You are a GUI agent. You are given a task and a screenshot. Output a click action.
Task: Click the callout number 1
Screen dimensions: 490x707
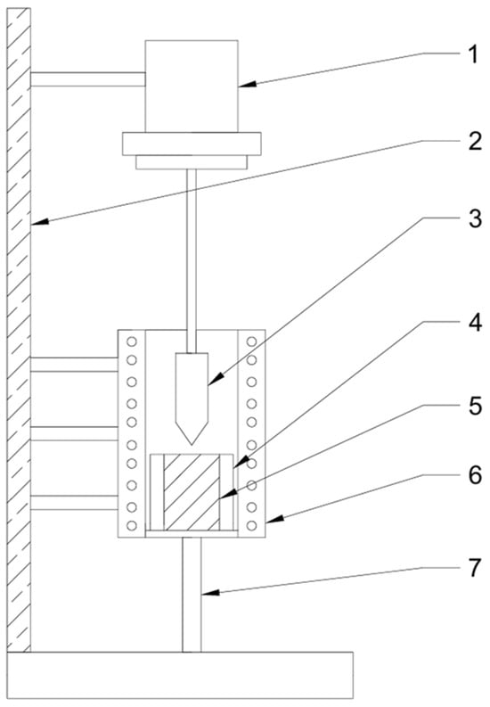pyautogui.click(x=472, y=55)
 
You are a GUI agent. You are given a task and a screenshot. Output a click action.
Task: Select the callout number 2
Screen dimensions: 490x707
pyautogui.click(x=475, y=142)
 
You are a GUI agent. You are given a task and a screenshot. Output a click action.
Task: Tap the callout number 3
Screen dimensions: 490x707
pyautogui.click(x=475, y=219)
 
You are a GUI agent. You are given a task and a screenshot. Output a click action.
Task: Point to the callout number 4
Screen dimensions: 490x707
pyautogui.click(x=475, y=324)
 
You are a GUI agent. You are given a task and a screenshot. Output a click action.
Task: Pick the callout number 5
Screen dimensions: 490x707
pyautogui.click(x=475, y=407)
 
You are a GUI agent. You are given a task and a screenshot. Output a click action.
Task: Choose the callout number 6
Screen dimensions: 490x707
pyautogui.click(x=475, y=475)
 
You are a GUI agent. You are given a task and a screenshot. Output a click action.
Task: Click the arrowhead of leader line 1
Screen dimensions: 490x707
pyautogui.click(x=246, y=85)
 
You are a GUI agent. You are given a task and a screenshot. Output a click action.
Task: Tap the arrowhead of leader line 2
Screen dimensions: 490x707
pyautogui.click(x=38, y=221)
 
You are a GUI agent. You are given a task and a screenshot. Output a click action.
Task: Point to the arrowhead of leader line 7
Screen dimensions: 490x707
pyautogui.click(x=209, y=593)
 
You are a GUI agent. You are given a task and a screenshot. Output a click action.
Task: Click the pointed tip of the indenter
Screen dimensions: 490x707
pyautogui.click(x=192, y=445)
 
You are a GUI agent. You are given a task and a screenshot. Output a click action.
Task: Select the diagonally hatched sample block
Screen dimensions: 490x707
pyautogui.click(x=192, y=492)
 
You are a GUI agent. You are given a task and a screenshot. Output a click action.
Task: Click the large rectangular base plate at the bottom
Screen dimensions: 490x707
pyautogui.click(x=180, y=675)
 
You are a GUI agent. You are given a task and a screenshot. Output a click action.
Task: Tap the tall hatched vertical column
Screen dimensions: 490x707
pyautogui.click(x=19, y=330)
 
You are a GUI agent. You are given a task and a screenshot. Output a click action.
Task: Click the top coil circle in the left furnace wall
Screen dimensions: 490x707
pyautogui.click(x=132, y=341)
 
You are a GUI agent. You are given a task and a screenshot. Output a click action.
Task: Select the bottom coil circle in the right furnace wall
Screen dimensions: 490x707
pyautogui.click(x=252, y=525)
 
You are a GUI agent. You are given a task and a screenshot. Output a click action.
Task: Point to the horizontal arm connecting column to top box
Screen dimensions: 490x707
pyautogui.click(x=88, y=79)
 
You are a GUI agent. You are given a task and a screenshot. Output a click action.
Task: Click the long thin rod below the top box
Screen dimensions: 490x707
pyautogui.click(x=192, y=261)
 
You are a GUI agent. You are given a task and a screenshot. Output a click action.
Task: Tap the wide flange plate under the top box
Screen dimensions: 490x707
pyautogui.click(x=192, y=144)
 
